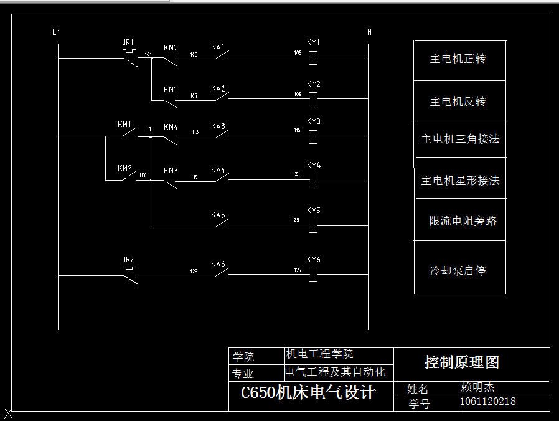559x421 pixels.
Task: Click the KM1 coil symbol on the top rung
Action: click(x=313, y=57)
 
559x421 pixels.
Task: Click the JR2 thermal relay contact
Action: click(x=129, y=273)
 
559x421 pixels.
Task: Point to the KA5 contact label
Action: click(x=218, y=215)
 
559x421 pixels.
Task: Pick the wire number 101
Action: click(x=148, y=55)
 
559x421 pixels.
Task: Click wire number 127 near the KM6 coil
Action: click(x=298, y=270)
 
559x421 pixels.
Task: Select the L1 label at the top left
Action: click(x=56, y=32)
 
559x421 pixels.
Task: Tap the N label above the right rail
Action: click(x=369, y=32)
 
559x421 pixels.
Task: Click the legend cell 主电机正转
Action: click(x=458, y=59)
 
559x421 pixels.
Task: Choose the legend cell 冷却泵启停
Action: click(x=458, y=271)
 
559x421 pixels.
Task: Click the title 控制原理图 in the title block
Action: click(x=462, y=362)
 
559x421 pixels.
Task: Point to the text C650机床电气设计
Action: click(x=308, y=393)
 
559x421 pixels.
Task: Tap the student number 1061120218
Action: click(x=488, y=402)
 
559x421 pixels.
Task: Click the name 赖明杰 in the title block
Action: click(x=477, y=387)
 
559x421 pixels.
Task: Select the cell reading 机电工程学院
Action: click(x=319, y=354)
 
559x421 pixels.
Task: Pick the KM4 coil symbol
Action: click(x=313, y=180)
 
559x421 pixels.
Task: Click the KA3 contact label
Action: click(x=218, y=126)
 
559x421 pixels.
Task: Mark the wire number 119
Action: click(x=194, y=177)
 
